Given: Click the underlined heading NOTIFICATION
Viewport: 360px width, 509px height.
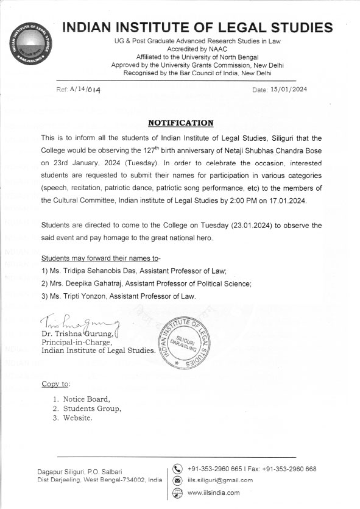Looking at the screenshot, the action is click(x=181, y=123).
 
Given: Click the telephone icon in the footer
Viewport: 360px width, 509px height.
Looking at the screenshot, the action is click(x=178, y=469).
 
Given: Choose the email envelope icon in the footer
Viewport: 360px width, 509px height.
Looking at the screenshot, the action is click(x=178, y=480).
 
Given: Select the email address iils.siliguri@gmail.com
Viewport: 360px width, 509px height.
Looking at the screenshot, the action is click(x=220, y=480).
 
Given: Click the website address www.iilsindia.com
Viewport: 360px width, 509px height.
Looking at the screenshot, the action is click(x=213, y=493).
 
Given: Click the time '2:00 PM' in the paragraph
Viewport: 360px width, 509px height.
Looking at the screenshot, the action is click(x=250, y=200).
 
